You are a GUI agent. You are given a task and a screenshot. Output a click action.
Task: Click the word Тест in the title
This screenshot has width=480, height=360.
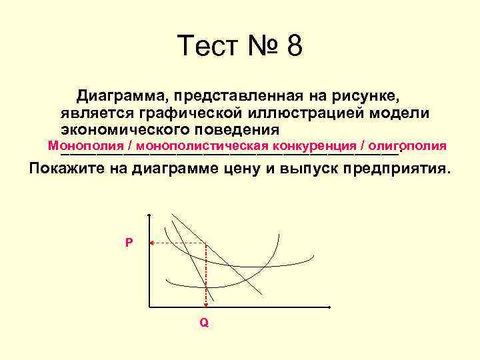pyautogui.click(x=207, y=47)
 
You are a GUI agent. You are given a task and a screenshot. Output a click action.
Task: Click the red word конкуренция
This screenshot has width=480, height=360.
pyautogui.click(x=314, y=145)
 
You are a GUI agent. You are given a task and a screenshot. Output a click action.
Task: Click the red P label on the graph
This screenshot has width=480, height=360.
pyautogui.click(x=129, y=243)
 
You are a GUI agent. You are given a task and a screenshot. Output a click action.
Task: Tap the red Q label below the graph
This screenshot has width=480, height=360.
pyautogui.click(x=204, y=323)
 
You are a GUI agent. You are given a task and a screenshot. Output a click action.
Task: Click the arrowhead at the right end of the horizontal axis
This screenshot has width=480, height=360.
pyautogui.click(x=329, y=307)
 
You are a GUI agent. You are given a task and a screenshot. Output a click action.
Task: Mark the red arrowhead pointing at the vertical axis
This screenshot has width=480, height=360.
pyautogui.click(x=152, y=243)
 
